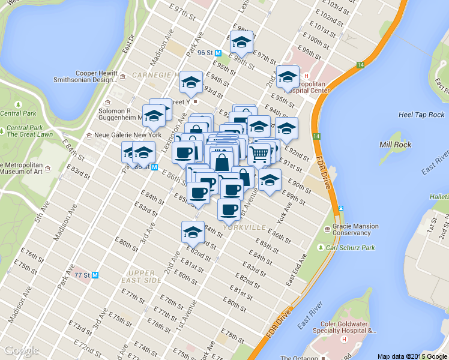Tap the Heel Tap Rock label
421,115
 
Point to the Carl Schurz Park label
355,247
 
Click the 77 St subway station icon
95,275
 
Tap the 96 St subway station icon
219,53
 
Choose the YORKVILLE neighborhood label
244,228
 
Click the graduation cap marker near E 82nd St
193,231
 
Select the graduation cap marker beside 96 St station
241,41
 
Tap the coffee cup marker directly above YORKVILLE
228,209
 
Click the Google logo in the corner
21,351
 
